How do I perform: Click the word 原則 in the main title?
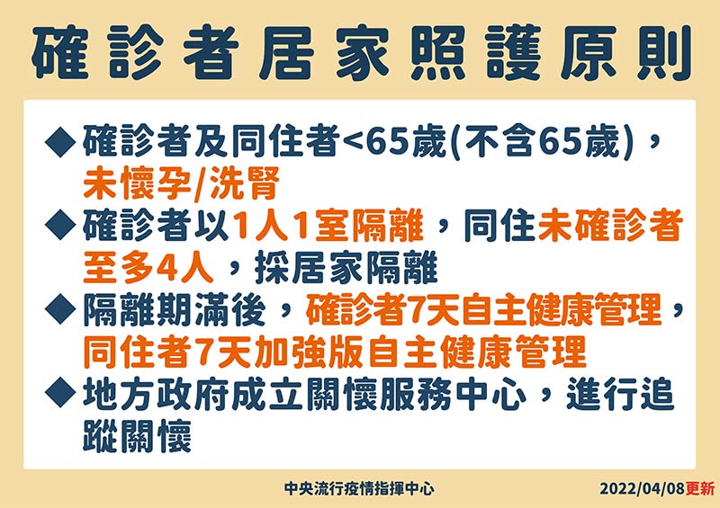pos(625,53)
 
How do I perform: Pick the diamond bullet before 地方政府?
pos(60,393)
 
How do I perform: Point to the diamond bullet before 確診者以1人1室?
pos(60,225)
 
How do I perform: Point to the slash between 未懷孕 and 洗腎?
pos(199,184)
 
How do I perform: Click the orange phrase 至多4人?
pos(148,268)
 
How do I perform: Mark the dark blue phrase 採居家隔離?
pos(346,268)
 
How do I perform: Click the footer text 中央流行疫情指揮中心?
pos(359,488)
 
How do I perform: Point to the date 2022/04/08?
pos(643,488)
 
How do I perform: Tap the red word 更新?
pos(700,488)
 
